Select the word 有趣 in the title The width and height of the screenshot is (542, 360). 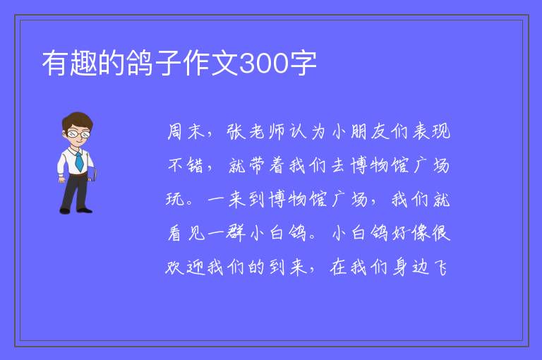[69, 64]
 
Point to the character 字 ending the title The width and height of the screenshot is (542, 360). [303, 64]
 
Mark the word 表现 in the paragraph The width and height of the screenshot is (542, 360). [431, 131]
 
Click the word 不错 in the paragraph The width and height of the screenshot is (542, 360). [186, 165]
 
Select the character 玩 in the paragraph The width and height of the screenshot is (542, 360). [175, 199]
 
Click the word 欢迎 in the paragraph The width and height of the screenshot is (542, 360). [186, 267]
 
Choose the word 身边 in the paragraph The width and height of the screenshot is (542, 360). [411, 267]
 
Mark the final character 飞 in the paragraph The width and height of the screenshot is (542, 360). [440, 267]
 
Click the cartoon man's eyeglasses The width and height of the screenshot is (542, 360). [78, 133]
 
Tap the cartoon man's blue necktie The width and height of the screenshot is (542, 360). [79, 162]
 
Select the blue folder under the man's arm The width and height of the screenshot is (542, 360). [92, 174]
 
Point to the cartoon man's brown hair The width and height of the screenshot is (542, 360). [78, 120]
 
